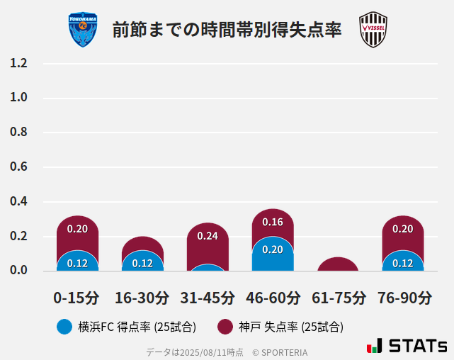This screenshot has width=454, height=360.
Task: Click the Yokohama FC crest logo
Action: click(x=83, y=30)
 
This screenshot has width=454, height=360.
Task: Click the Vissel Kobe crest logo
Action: click(x=373, y=30)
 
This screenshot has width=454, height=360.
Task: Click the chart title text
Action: click(x=227, y=30)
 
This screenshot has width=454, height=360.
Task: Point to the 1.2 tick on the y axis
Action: click(x=18, y=63)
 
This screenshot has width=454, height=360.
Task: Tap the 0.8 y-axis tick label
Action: click(x=18, y=133)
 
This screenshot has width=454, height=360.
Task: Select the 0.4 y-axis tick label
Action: click(x=18, y=202)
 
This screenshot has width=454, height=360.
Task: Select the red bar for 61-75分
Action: click(x=338, y=264)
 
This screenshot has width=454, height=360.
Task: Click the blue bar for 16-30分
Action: click(x=142, y=261)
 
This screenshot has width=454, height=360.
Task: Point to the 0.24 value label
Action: click(x=208, y=236)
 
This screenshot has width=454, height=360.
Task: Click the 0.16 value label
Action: click(x=273, y=222)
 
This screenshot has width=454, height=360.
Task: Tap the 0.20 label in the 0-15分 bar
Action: click(x=77, y=229)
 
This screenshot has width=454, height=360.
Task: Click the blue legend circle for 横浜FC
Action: click(x=64, y=327)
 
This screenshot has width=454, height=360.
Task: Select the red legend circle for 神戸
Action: click(x=225, y=327)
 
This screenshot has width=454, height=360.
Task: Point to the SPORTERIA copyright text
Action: click(x=280, y=352)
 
